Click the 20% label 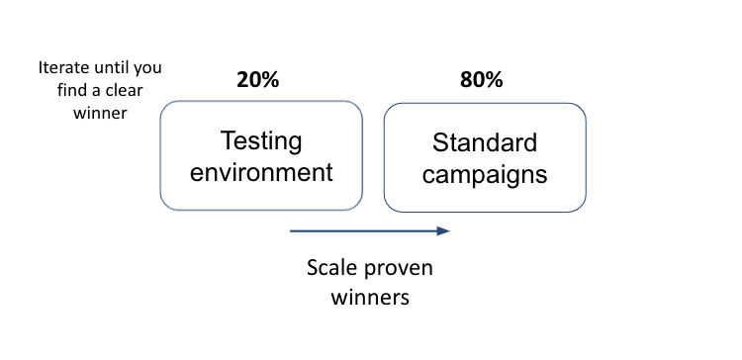pyautogui.click(x=258, y=80)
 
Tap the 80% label pyautogui.click(x=481, y=80)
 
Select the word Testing pyautogui.click(x=261, y=141)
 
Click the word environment pyautogui.click(x=261, y=171)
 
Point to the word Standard pyautogui.click(x=485, y=142)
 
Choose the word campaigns pyautogui.click(x=485, y=175)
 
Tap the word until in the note pyautogui.click(x=112, y=67)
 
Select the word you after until pyautogui.click(x=147, y=69)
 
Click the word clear pyautogui.click(x=124, y=90)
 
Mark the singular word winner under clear pyautogui.click(x=100, y=113)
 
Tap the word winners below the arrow pyautogui.click(x=370, y=298)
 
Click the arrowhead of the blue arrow pyautogui.click(x=443, y=230)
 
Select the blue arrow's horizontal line pyautogui.click(x=363, y=230)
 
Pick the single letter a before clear pyautogui.click(x=97, y=91)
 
